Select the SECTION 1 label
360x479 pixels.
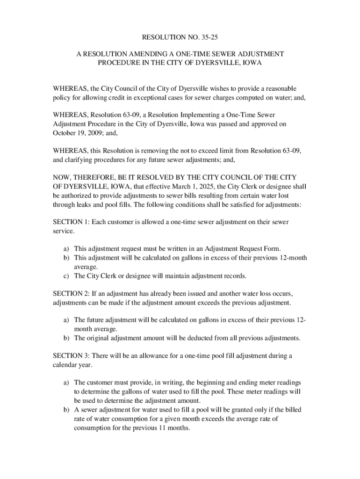point(70,222)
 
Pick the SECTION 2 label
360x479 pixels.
point(70,293)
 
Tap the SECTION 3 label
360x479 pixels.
point(70,356)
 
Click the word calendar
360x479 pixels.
point(66,365)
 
